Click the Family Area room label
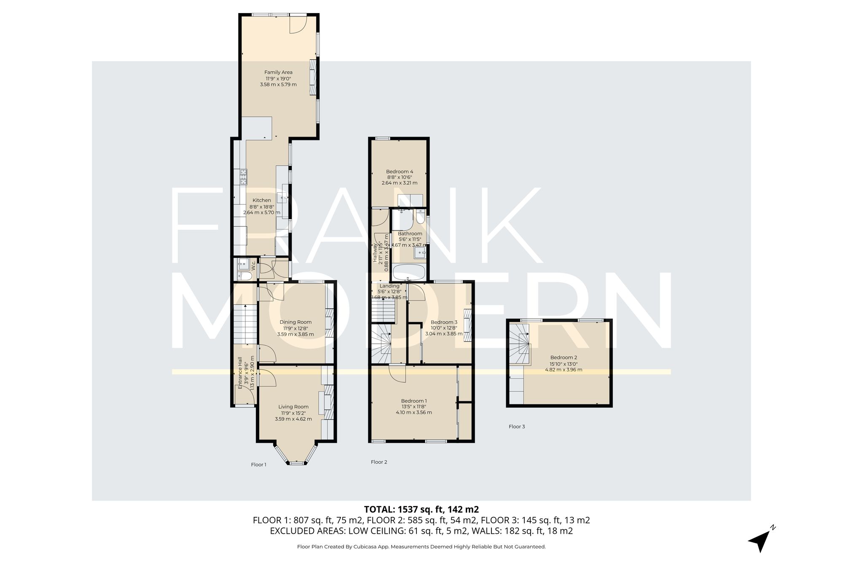[x=278, y=72]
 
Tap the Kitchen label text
[x=262, y=200]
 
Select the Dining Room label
[x=295, y=322]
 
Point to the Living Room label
[x=293, y=407]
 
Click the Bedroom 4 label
[x=400, y=172]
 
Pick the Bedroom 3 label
[x=444, y=322]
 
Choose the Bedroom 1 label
[x=414, y=401]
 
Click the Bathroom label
[x=410, y=234]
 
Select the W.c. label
[x=253, y=266]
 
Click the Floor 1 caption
[x=259, y=465]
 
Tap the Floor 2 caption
[x=379, y=462]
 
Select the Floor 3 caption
[x=517, y=427]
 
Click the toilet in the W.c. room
[x=244, y=276]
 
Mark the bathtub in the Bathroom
[x=409, y=273]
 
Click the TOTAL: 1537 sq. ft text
[x=421, y=509]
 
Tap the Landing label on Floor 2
[x=389, y=286]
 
